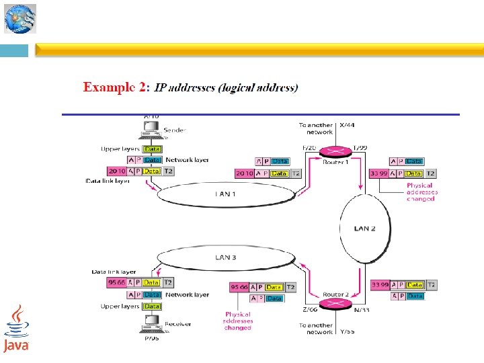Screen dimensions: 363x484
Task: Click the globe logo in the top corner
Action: [x=19, y=19]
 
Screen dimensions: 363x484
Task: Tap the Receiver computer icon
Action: [x=152, y=326]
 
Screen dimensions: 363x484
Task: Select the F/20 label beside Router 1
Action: [x=309, y=147]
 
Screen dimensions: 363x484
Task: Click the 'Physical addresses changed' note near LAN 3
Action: [x=238, y=321]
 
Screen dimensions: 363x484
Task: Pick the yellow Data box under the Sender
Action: [x=153, y=149]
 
